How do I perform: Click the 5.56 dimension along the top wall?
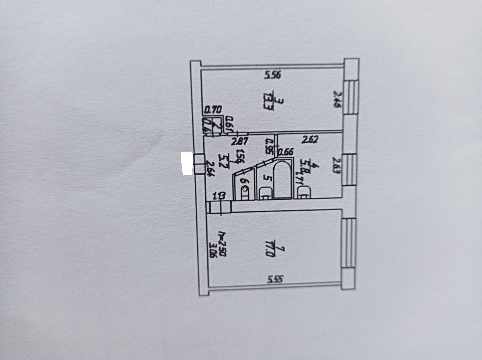coord(272,75)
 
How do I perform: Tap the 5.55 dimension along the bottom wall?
coord(276,279)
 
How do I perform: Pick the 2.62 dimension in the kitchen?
coord(311,140)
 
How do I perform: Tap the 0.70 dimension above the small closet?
coord(213,110)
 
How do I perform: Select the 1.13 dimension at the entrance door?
coord(219,196)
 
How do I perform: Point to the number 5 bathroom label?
coord(266,177)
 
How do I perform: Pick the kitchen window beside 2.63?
coord(349,169)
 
